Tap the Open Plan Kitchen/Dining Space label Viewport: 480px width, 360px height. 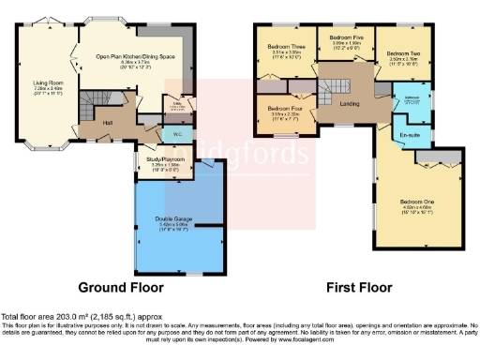[x=137, y=56]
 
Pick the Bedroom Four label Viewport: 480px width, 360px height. [x=285, y=110]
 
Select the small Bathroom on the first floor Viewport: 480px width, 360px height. [x=411, y=100]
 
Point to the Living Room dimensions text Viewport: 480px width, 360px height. [x=47, y=93]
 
